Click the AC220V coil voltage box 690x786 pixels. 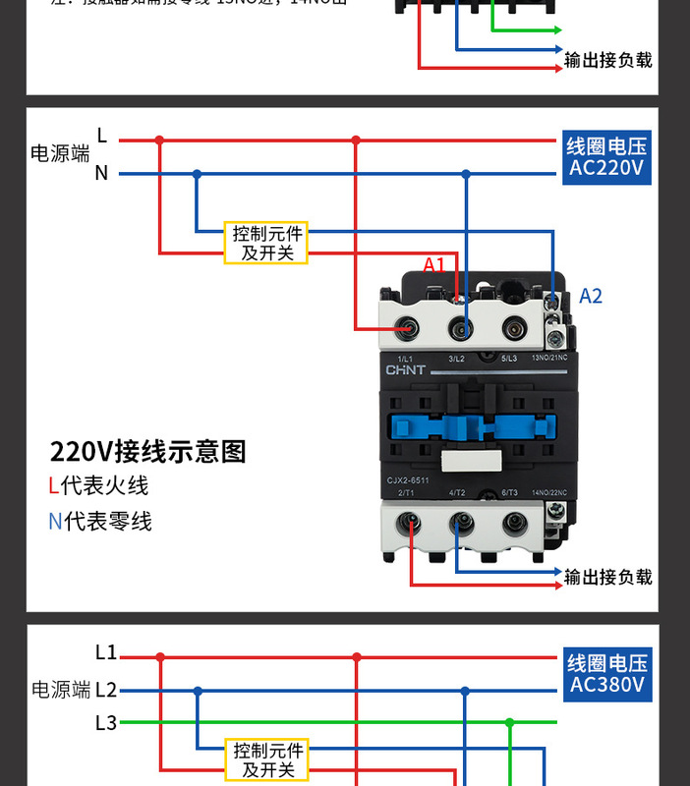(606, 157)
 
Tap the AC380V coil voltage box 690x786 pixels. (606, 673)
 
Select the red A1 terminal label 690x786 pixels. (434, 264)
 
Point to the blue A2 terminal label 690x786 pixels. (590, 296)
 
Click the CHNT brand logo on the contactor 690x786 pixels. (405, 370)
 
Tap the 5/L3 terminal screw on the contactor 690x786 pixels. (513, 328)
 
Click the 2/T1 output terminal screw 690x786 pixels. (405, 524)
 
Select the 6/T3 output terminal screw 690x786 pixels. (513, 524)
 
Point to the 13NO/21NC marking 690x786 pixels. (548, 359)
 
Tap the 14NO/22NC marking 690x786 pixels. (548, 492)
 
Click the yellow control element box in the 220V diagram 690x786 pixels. (267, 243)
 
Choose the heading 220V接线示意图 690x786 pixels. (147, 451)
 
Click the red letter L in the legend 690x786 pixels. (54, 485)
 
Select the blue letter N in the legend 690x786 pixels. (55, 521)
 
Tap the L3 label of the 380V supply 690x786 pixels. (106, 723)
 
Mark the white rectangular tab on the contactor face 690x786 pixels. (470, 463)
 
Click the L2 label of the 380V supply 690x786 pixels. (106, 690)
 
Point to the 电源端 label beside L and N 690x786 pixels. (60, 153)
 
